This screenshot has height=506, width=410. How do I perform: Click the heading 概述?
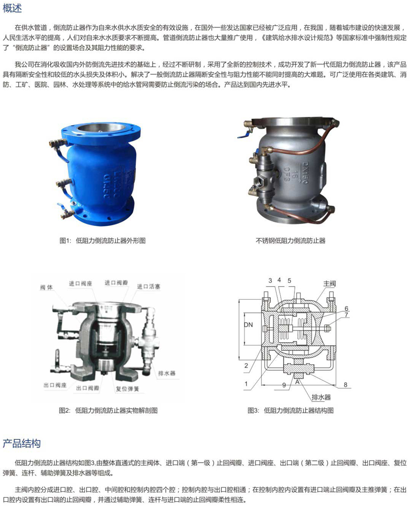tap(12, 8)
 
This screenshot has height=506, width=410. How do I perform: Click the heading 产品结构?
tap(21, 443)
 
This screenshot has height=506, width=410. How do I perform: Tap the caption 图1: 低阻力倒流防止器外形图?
tap(102, 240)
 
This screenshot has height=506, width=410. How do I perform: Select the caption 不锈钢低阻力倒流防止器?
tap(291, 240)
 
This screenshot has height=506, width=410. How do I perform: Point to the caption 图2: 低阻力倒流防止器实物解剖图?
tap(108, 411)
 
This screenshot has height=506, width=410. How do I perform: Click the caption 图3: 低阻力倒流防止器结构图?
tap(291, 411)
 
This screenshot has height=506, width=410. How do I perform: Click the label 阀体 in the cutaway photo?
tap(46, 287)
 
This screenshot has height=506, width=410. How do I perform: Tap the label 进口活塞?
tap(149, 287)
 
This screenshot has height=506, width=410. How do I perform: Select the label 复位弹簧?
tap(127, 389)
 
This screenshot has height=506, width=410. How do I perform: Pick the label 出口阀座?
tap(55, 385)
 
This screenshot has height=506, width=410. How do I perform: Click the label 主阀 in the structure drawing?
tap(329, 283)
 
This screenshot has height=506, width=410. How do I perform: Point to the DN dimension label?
tap(248, 325)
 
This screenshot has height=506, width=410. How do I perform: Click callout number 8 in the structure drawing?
tap(345, 384)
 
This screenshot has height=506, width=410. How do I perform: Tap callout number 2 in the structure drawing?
tap(246, 365)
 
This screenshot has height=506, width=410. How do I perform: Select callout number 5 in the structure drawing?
tap(289, 281)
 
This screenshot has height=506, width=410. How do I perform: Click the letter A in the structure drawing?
tap(297, 382)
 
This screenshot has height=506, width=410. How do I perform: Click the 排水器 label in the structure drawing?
tap(321, 397)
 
